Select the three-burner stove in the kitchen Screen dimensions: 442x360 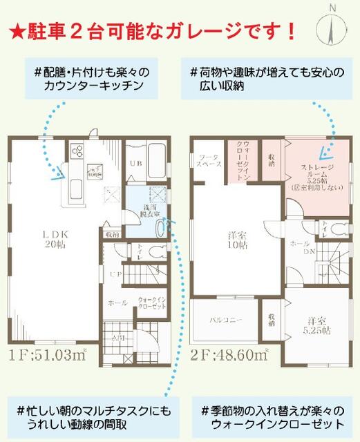point(76,153)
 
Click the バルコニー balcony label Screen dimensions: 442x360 point(226,320)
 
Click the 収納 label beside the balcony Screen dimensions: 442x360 point(272,320)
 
